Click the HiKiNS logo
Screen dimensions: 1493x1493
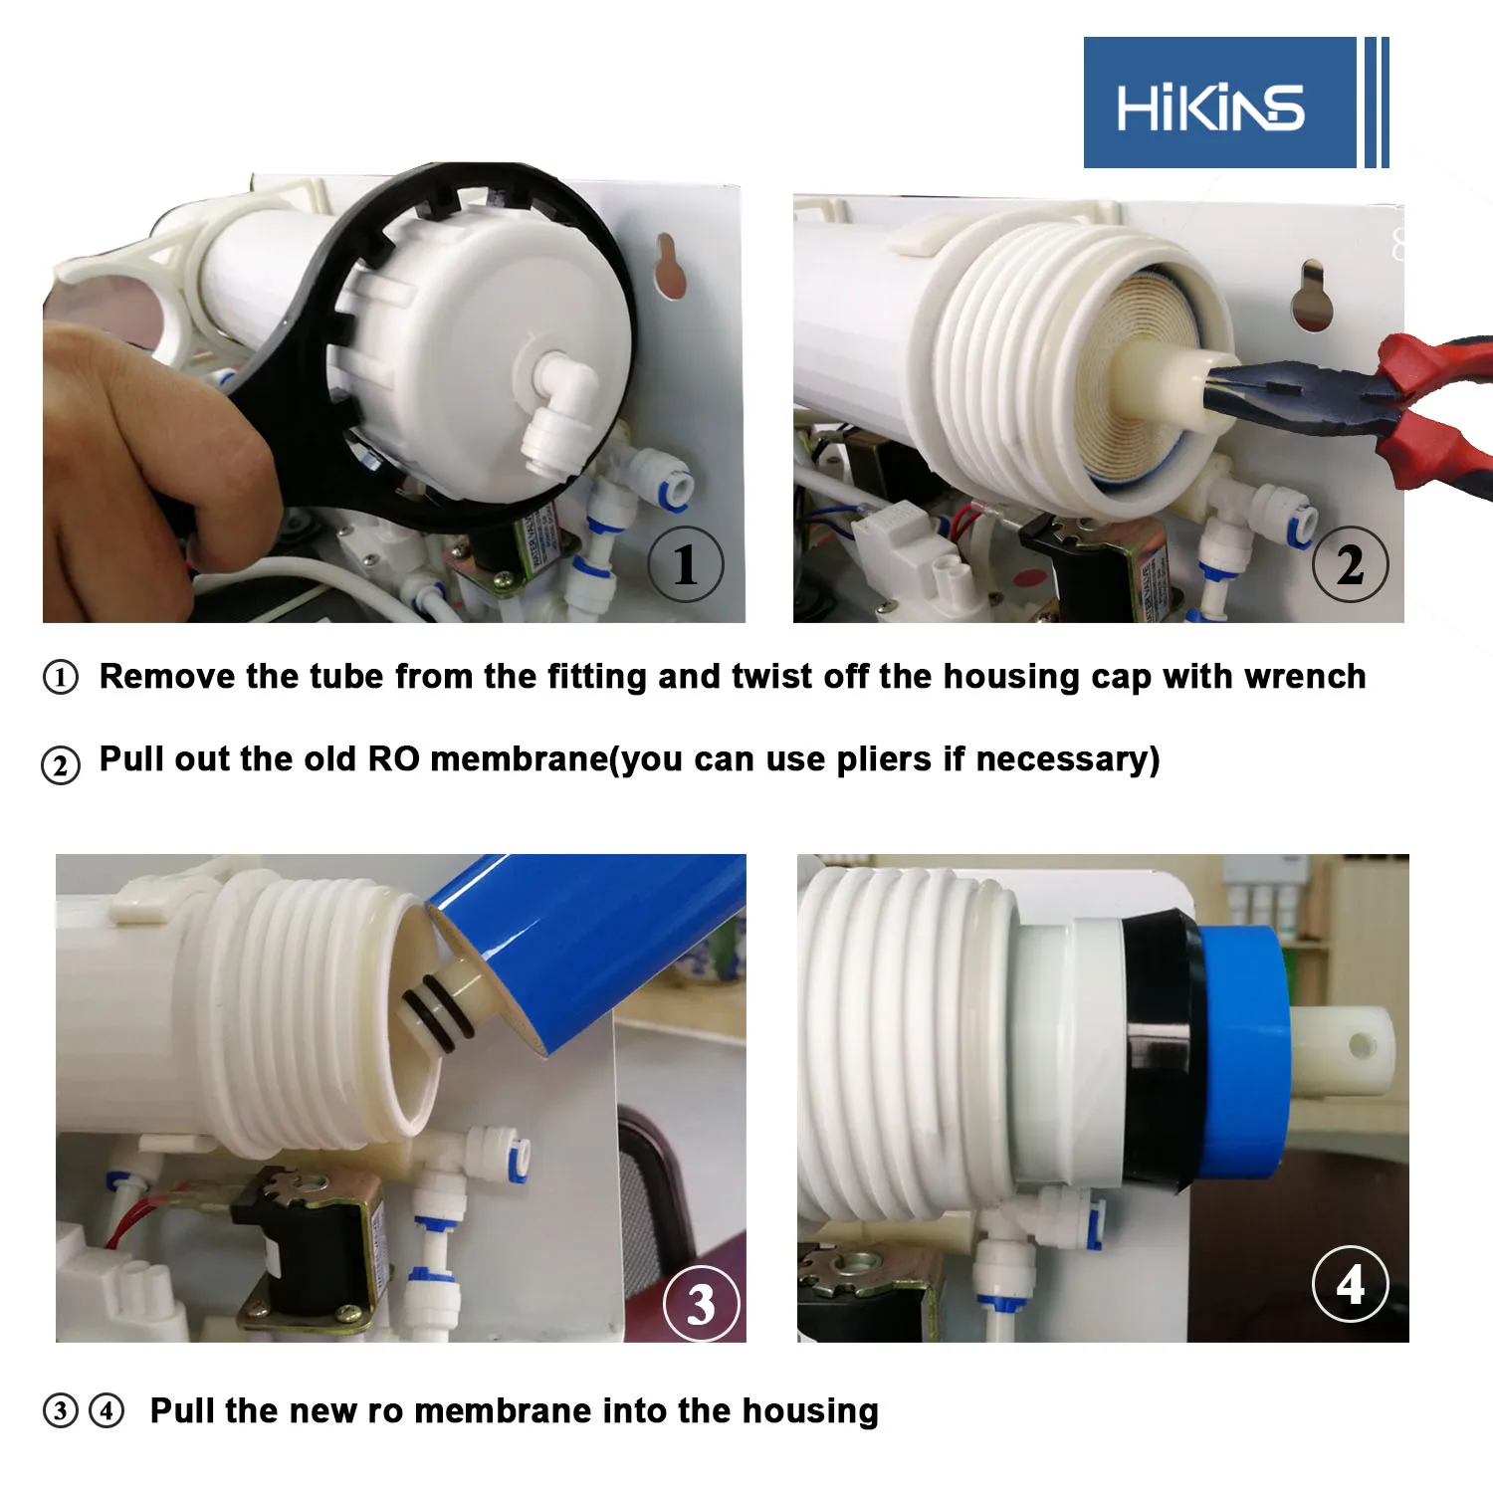pyautogui.click(x=1235, y=103)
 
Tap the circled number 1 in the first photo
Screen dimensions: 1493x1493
pyautogui.click(x=686, y=564)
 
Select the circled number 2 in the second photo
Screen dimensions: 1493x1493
pyautogui.click(x=1350, y=564)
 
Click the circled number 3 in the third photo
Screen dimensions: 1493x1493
pyautogui.click(x=702, y=1303)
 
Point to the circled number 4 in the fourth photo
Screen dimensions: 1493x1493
pyautogui.click(x=1351, y=1284)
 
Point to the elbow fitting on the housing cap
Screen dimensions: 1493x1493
pyautogui.click(x=558, y=408)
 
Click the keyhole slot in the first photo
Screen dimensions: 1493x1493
pyautogui.click(x=670, y=266)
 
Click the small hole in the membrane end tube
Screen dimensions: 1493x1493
pyautogui.click(x=1360, y=1045)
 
